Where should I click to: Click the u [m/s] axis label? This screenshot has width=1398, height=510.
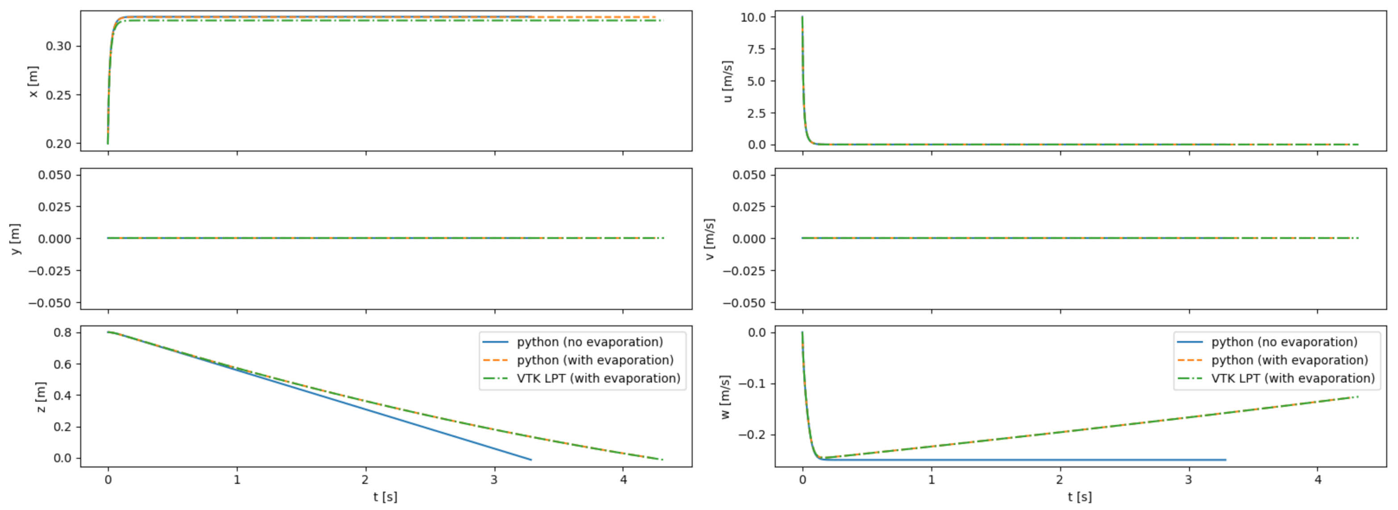point(728,81)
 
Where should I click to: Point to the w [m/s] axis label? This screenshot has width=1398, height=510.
point(725,397)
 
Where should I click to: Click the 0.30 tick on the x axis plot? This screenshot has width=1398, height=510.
point(58,46)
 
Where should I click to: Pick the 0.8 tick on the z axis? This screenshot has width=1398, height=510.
point(62,332)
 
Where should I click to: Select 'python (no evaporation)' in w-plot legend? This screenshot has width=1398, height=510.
point(1284,342)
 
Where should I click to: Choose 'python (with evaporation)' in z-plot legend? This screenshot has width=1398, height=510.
point(595,360)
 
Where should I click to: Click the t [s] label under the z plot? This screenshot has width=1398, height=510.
point(385,497)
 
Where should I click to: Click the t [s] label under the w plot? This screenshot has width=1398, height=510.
point(1080,497)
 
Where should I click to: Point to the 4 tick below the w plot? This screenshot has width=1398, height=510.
point(1318,480)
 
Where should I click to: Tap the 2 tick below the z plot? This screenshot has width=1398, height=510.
point(365,480)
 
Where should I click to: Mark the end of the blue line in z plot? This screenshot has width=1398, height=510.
point(531,460)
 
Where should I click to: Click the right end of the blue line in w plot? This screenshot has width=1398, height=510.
point(1225,460)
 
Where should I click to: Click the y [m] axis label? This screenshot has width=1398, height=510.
point(15,239)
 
